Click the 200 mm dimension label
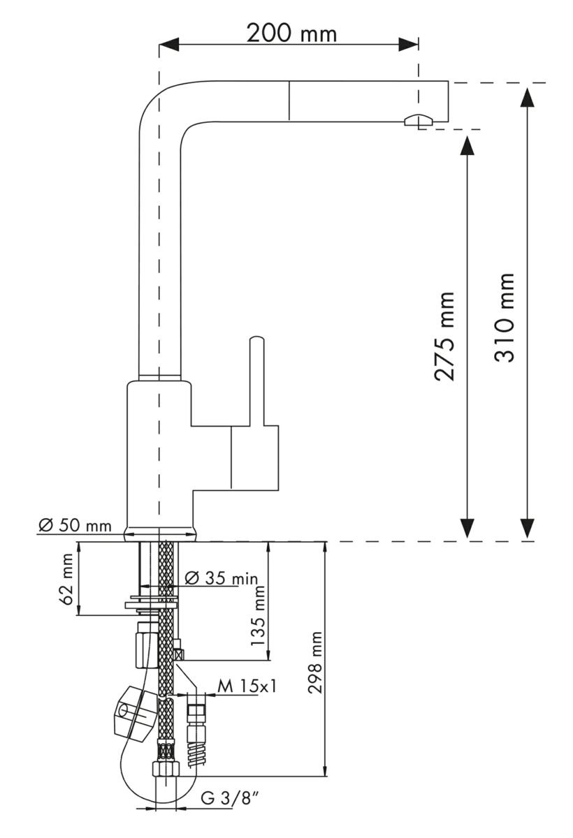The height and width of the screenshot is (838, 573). pos(291,33)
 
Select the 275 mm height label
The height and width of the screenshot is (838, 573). pos(445,335)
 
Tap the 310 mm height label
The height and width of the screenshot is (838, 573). pos(505,316)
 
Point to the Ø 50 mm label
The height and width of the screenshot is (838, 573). pos(75,525)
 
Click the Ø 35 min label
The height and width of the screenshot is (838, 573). pos(223,578)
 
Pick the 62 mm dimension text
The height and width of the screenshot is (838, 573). pos(66,579)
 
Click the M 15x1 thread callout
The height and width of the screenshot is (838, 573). pos(246,686)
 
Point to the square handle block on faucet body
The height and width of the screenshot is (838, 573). pos(254,457)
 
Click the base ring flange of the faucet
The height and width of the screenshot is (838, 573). pos(160,534)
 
